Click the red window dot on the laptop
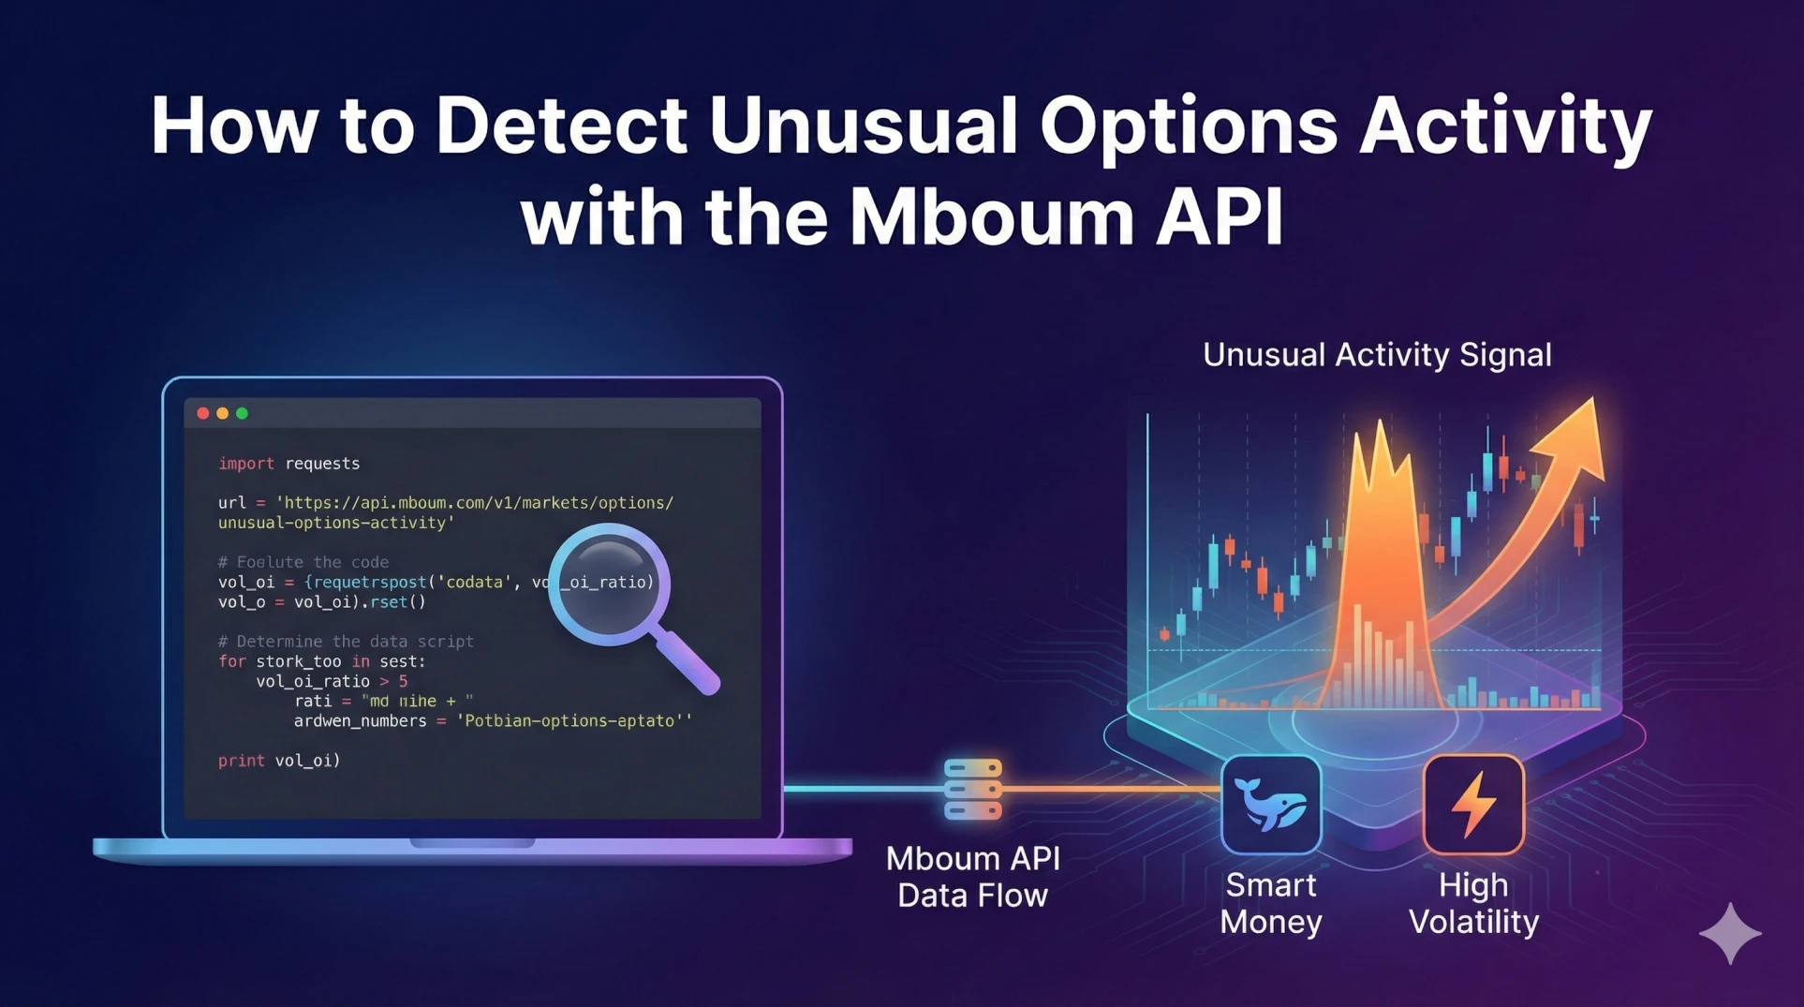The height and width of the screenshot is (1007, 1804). point(203,413)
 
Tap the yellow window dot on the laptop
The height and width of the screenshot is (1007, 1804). point(223,413)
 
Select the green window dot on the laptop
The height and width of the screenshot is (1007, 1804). point(243,413)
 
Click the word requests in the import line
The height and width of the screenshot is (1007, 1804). point(322,464)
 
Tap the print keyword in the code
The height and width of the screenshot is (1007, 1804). point(241,761)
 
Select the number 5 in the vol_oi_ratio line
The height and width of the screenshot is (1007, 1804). point(403,682)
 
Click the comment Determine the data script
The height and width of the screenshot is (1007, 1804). point(346,642)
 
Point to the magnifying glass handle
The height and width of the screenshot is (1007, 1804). point(687,661)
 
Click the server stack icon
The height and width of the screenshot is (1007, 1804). point(973,789)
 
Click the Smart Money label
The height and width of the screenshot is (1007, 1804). point(1271,903)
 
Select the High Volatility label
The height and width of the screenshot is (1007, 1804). point(1473,903)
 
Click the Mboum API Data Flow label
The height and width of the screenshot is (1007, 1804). point(973,877)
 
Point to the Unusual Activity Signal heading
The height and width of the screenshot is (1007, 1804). point(1377,355)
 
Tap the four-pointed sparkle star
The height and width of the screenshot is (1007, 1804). point(1730,933)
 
